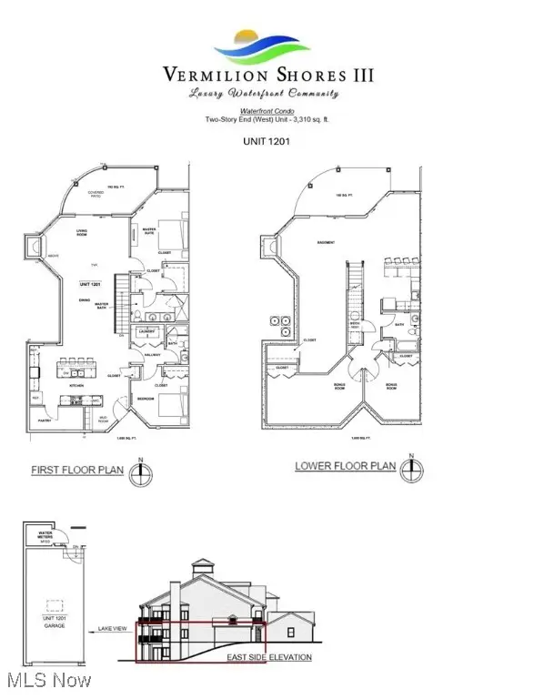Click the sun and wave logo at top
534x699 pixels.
click(x=267, y=45)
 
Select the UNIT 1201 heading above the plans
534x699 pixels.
click(x=266, y=141)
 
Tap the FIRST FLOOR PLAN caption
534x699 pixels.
click(x=77, y=471)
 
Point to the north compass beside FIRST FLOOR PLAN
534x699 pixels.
click(x=138, y=474)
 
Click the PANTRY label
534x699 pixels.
click(x=43, y=420)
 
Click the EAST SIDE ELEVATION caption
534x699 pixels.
click(x=269, y=657)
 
